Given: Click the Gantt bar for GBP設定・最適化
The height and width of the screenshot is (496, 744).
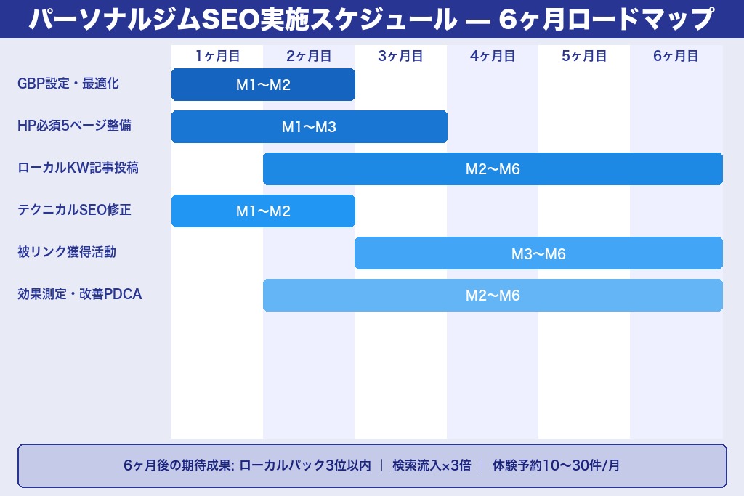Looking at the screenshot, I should pos(263,84).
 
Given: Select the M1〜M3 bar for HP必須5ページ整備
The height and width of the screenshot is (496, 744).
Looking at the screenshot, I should pos(309,126).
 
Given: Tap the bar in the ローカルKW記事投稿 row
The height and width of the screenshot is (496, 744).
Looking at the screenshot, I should pos(493,168).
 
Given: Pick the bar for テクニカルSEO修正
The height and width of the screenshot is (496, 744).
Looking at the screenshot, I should pos(263,211).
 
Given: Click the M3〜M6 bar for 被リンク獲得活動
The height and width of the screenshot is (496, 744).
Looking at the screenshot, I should pos(538,253).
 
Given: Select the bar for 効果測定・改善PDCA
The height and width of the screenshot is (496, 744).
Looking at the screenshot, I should pos(493,295).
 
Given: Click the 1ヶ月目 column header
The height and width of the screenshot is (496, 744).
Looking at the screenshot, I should pos(217,56).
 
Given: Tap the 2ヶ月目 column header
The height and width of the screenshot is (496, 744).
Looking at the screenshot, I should pos(309,56).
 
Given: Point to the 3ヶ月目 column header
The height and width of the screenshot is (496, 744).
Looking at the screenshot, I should pos(400,56).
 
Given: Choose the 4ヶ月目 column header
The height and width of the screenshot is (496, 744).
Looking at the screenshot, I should pos(493,56).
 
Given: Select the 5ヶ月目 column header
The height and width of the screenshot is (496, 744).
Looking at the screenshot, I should pos(584,56).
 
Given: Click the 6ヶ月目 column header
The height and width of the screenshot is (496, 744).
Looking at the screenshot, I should pos(676,56).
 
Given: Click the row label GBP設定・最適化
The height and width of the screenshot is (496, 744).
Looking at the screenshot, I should pos(68,84).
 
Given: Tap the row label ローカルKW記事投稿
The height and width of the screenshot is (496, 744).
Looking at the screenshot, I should pos(78,168).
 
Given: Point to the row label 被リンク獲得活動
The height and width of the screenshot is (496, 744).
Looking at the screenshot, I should pos(67,252).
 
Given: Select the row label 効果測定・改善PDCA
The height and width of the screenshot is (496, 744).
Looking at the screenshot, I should pos(79,294).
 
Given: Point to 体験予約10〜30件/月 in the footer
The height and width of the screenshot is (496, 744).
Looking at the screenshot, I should pos(556,465).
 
